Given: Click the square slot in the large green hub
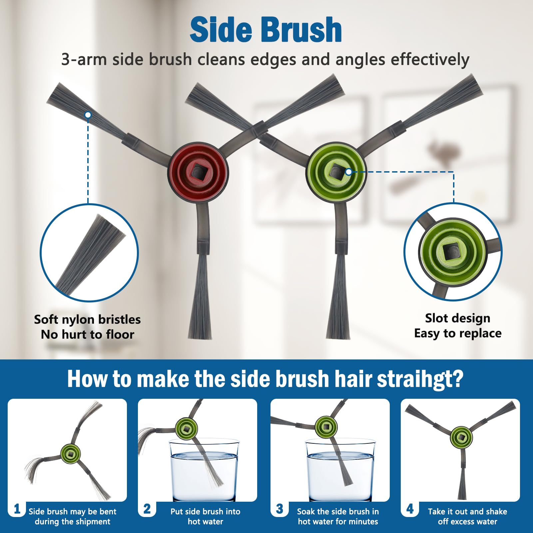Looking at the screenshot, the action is pyautogui.click(x=336, y=172).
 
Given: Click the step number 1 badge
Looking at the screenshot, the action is pyautogui.click(x=17, y=509).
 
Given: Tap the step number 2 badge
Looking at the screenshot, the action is pyautogui.click(x=147, y=509).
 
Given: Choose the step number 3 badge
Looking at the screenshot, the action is pyautogui.click(x=279, y=509).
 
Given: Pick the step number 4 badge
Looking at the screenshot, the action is pyautogui.click(x=410, y=509).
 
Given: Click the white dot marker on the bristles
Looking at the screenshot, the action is pyautogui.click(x=88, y=115).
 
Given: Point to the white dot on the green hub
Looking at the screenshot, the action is pyautogui.click(x=348, y=172).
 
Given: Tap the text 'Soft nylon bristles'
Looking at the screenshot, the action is pyautogui.click(x=87, y=319).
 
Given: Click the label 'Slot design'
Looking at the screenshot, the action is pyautogui.click(x=457, y=318).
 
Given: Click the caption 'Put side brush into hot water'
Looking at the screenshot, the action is pyautogui.click(x=205, y=516).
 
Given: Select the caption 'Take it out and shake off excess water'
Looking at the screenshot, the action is pyautogui.click(x=467, y=516).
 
